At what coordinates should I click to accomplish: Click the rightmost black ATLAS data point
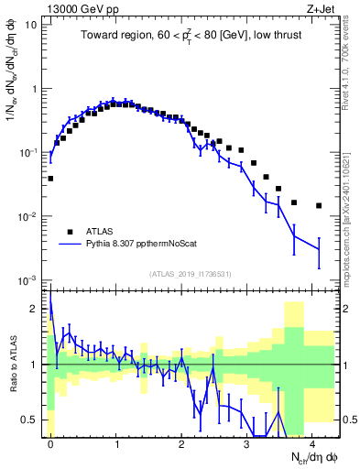coord(319,206)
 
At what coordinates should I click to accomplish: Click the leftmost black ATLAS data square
coord(50,179)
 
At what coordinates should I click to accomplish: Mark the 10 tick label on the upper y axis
coord(31,25)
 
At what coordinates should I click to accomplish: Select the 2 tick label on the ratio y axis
coord(38,309)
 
